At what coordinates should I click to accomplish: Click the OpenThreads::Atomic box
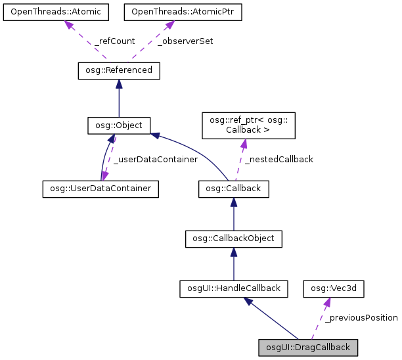(x=56, y=12)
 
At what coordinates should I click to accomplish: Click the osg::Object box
(x=119, y=124)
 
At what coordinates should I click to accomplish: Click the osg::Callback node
(x=233, y=189)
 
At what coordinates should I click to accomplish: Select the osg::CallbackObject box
(x=233, y=238)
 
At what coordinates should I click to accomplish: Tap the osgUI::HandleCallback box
(x=233, y=288)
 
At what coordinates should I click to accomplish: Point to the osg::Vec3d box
(x=334, y=288)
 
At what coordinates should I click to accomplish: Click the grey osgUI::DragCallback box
(x=308, y=347)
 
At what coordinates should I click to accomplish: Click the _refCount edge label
(x=114, y=41)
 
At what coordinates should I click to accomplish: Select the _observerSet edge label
(x=185, y=41)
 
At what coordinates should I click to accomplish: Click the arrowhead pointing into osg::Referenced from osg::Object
(x=119, y=83)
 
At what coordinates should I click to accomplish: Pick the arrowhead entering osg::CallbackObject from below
(x=233, y=252)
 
